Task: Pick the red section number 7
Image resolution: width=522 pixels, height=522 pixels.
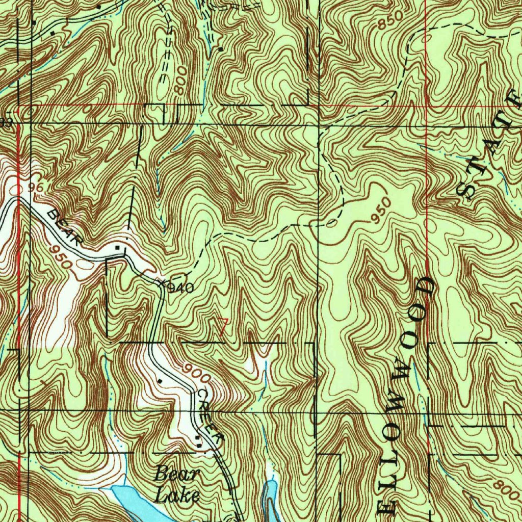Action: click(x=221, y=326)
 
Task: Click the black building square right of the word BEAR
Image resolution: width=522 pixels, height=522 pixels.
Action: click(x=118, y=248)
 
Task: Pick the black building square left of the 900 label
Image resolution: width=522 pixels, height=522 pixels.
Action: click(x=160, y=380)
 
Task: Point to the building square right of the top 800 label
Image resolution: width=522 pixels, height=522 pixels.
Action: click(x=220, y=49)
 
